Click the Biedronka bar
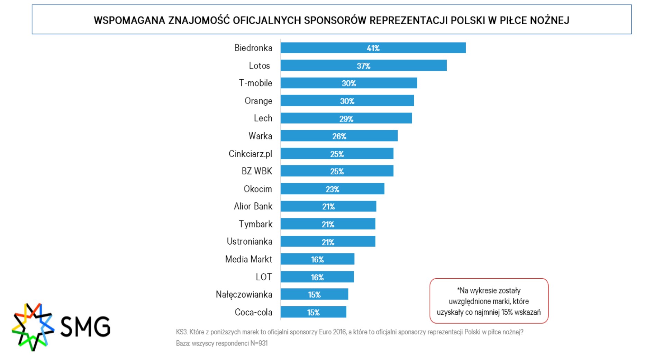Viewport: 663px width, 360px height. point(373,48)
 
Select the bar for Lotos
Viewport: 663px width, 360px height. point(363,65)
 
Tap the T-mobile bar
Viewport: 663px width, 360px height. point(348,83)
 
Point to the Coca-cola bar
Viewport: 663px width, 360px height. point(313,312)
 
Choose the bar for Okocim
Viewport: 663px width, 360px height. point(332,189)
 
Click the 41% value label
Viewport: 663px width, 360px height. point(373,48)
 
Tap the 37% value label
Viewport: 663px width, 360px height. point(363,66)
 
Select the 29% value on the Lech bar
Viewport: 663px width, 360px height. point(346,119)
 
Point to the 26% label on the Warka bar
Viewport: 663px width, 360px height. point(339,136)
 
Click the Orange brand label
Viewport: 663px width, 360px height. point(258,101)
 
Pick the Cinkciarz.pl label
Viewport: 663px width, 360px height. point(250,154)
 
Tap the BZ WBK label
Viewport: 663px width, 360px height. point(257,171)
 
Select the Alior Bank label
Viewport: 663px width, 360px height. point(253,206)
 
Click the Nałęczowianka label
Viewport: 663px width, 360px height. point(244,294)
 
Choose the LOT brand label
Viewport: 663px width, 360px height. point(264,277)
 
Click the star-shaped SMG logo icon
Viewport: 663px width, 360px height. point(33,326)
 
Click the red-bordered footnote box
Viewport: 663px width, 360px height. point(489,301)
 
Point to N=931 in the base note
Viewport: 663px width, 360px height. point(259,343)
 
